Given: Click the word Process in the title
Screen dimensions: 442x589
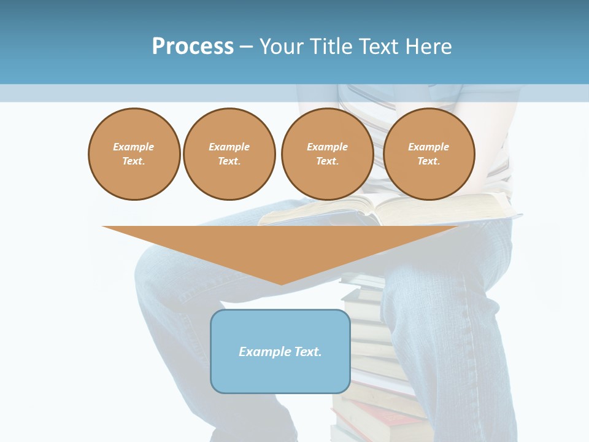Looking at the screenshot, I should [193, 47].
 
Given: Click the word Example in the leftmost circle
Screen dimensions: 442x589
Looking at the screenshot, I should [134, 147].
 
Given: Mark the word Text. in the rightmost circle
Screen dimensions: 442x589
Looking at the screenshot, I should [428, 161].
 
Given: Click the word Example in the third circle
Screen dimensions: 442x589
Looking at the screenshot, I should [327, 147].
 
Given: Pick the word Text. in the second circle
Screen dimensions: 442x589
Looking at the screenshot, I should [229, 161].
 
